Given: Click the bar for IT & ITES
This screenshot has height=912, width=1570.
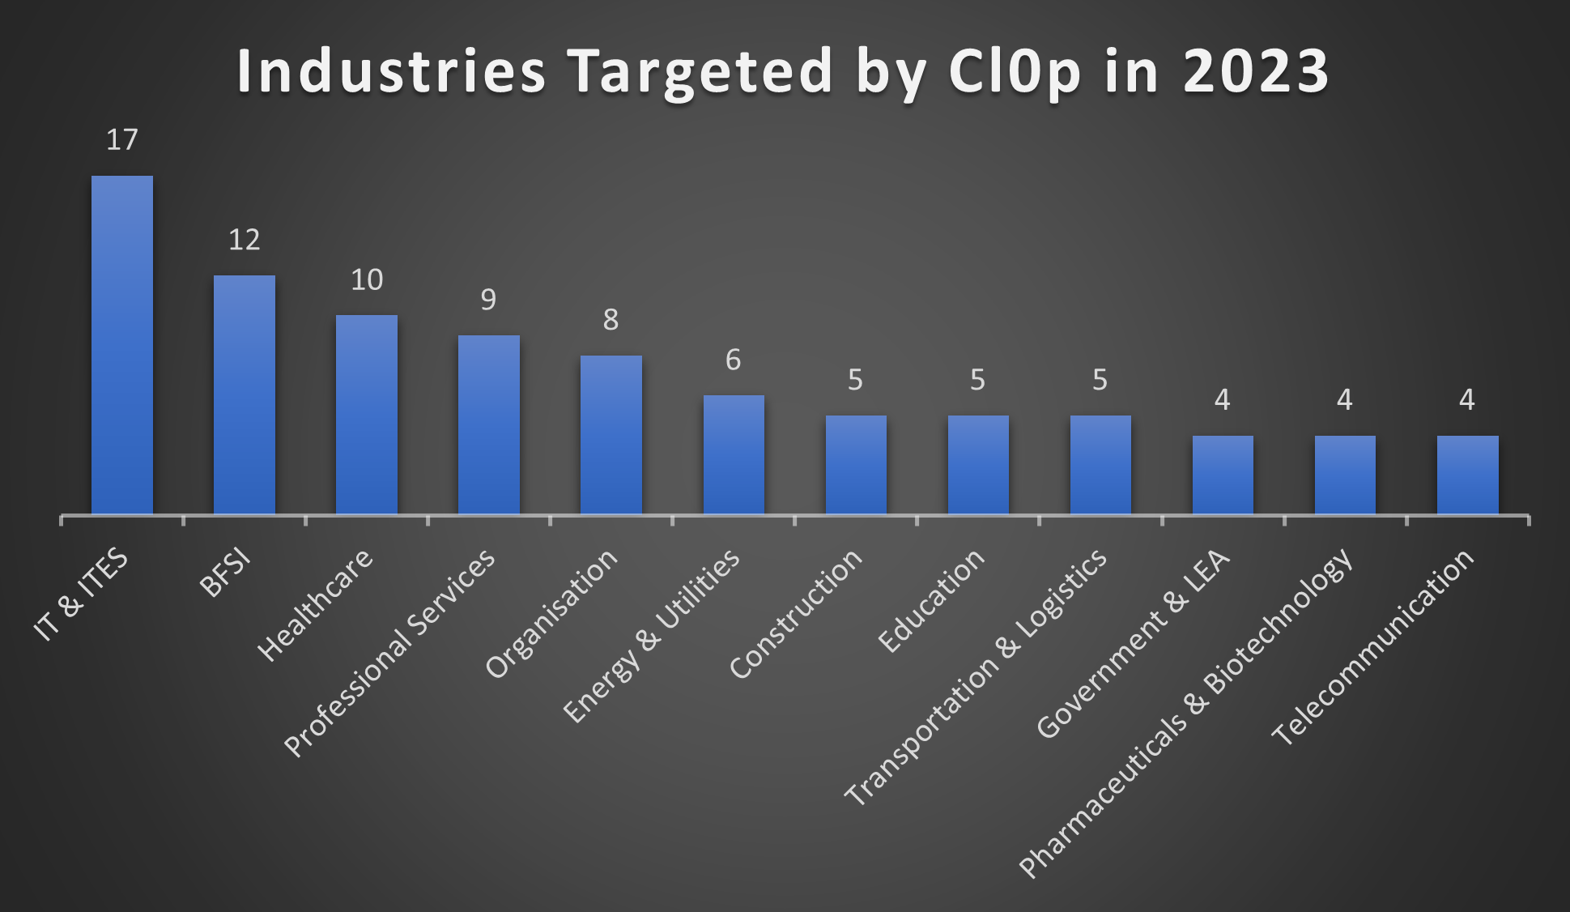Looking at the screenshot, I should tap(121, 345).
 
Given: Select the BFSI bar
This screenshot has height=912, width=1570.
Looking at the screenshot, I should tap(244, 395).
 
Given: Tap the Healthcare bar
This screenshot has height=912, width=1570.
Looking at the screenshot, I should tap(366, 415).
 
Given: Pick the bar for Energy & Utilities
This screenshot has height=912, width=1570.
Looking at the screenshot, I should tap(733, 454).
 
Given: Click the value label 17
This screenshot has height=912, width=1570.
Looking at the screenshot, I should tap(121, 140).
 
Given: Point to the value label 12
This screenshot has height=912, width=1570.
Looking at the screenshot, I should tap(244, 240).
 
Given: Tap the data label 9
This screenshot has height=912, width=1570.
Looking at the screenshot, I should tap(488, 300).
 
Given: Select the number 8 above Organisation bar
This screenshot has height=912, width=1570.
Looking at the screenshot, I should tap(611, 320).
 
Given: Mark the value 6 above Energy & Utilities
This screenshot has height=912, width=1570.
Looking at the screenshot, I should tap(733, 360).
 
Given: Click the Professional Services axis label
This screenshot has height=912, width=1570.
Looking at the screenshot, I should tap(390, 652).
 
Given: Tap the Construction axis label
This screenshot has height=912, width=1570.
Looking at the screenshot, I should tap(796, 613).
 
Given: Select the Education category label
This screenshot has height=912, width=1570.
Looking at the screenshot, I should tap(931, 600).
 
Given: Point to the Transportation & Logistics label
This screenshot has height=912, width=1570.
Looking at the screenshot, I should tap(976, 676).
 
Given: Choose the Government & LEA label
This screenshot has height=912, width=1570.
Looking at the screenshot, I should tap(1133, 644).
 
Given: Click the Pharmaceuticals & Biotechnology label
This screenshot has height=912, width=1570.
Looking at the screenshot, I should tap(1186, 713).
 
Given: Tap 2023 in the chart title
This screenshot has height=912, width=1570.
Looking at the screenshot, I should tap(1255, 71).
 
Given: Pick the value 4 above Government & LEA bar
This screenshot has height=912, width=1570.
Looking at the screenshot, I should tap(1222, 399).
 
